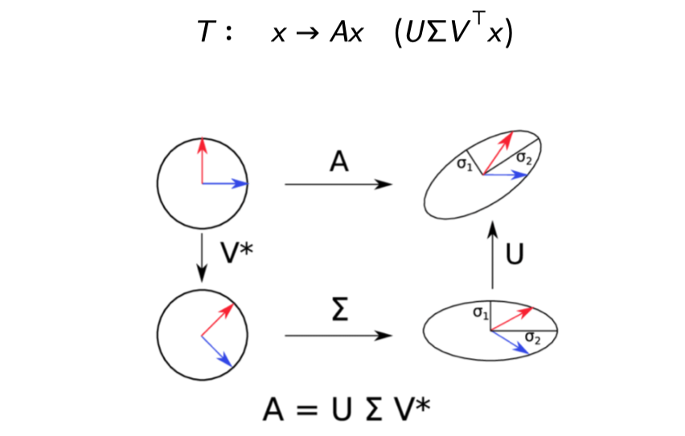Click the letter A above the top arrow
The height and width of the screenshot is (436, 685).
point(339,163)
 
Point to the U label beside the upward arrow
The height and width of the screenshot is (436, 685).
point(515,255)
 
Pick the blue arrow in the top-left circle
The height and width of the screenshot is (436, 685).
point(224,184)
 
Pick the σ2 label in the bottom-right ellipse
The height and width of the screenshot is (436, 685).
point(532,337)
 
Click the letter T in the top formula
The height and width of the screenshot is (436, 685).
point(206,34)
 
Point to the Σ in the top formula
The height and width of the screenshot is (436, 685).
point(435,35)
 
